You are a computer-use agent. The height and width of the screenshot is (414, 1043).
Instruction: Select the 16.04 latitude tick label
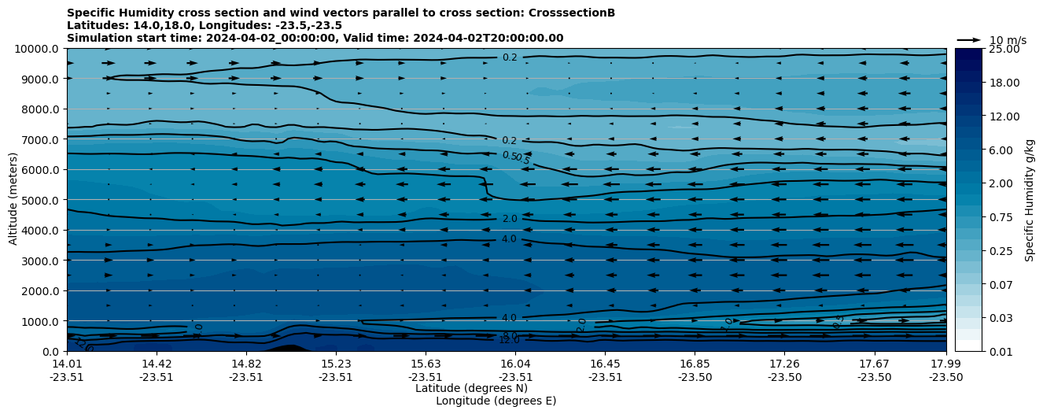pyautogui.click(x=515, y=364)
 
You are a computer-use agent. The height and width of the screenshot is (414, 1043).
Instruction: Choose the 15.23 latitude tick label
pyautogui.click(x=336, y=364)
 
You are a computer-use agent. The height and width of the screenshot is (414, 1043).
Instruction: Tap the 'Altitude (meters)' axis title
pyautogui.click(x=13, y=200)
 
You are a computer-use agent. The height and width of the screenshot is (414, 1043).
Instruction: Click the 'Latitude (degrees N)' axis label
pyautogui.click(x=471, y=388)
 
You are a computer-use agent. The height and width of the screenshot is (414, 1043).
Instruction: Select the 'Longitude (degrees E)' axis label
pyautogui.click(x=496, y=401)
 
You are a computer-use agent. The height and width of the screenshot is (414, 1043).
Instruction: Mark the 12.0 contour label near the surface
pyautogui.click(x=510, y=340)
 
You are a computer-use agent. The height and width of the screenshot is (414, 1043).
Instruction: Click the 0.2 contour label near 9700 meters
pyautogui.click(x=510, y=57)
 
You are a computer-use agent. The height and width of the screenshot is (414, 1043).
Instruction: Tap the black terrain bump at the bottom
pyautogui.click(x=289, y=347)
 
